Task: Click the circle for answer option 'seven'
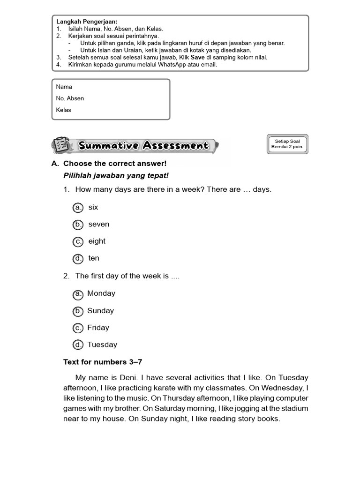point(78,225)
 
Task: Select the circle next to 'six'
point(78,207)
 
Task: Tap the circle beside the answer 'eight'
point(78,241)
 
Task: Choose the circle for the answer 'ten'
point(78,258)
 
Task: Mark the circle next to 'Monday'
point(78,294)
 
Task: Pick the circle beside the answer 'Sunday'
point(78,311)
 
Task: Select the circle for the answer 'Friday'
point(78,328)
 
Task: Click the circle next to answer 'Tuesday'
point(78,345)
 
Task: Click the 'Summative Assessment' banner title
point(143,146)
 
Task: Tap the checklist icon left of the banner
point(60,145)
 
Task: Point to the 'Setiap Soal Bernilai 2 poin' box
point(288,144)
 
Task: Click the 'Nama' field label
point(64,87)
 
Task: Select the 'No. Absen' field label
point(70,98)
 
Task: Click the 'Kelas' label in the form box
point(64,110)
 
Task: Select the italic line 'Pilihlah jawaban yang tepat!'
point(115,175)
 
